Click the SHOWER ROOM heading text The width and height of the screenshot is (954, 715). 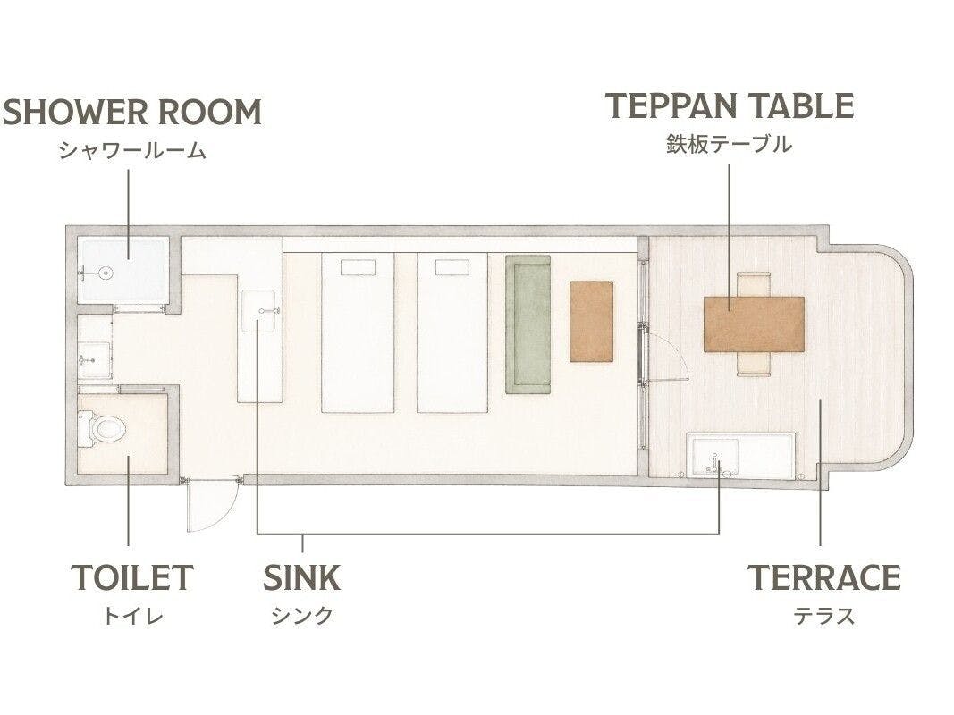coord(132,113)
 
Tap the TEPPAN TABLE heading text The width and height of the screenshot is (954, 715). coord(730,106)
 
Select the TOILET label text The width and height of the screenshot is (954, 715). coord(132,577)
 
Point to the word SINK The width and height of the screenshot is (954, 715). coord(302,577)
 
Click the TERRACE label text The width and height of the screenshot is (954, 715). coord(823,577)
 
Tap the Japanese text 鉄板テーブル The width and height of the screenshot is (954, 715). coord(729,145)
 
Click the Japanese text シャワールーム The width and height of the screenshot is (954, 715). coord(132,150)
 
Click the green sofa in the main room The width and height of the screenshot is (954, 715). coord(528,324)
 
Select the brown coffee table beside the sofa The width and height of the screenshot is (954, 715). coord(591,321)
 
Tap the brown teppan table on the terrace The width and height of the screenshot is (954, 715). coord(755,324)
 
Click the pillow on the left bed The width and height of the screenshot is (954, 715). coord(358,267)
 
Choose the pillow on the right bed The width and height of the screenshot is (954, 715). coord(452,267)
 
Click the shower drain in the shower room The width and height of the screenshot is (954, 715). coord(107,273)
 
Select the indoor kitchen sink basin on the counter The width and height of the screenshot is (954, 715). coord(258,311)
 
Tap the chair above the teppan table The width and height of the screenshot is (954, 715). coord(755,284)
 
